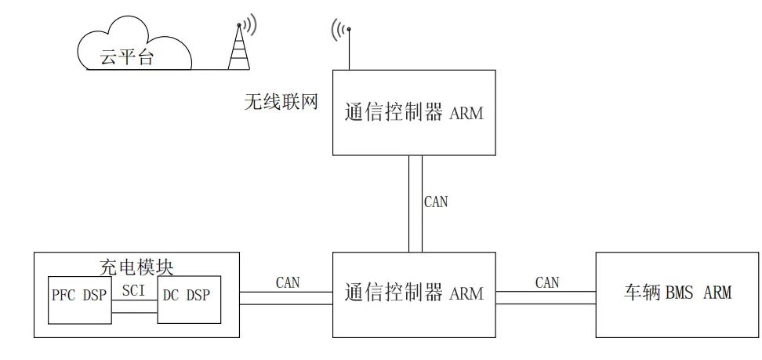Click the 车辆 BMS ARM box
coord(677,294)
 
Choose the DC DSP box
coord(189,299)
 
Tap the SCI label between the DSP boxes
coord(134,289)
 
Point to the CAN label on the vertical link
coord(436,202)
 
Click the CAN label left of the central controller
coord(287,282)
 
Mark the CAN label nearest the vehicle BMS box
coord(547,282)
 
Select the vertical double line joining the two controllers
coord(415,204)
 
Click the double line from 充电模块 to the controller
coord(286,297)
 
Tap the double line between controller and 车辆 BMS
coord(546,297)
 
